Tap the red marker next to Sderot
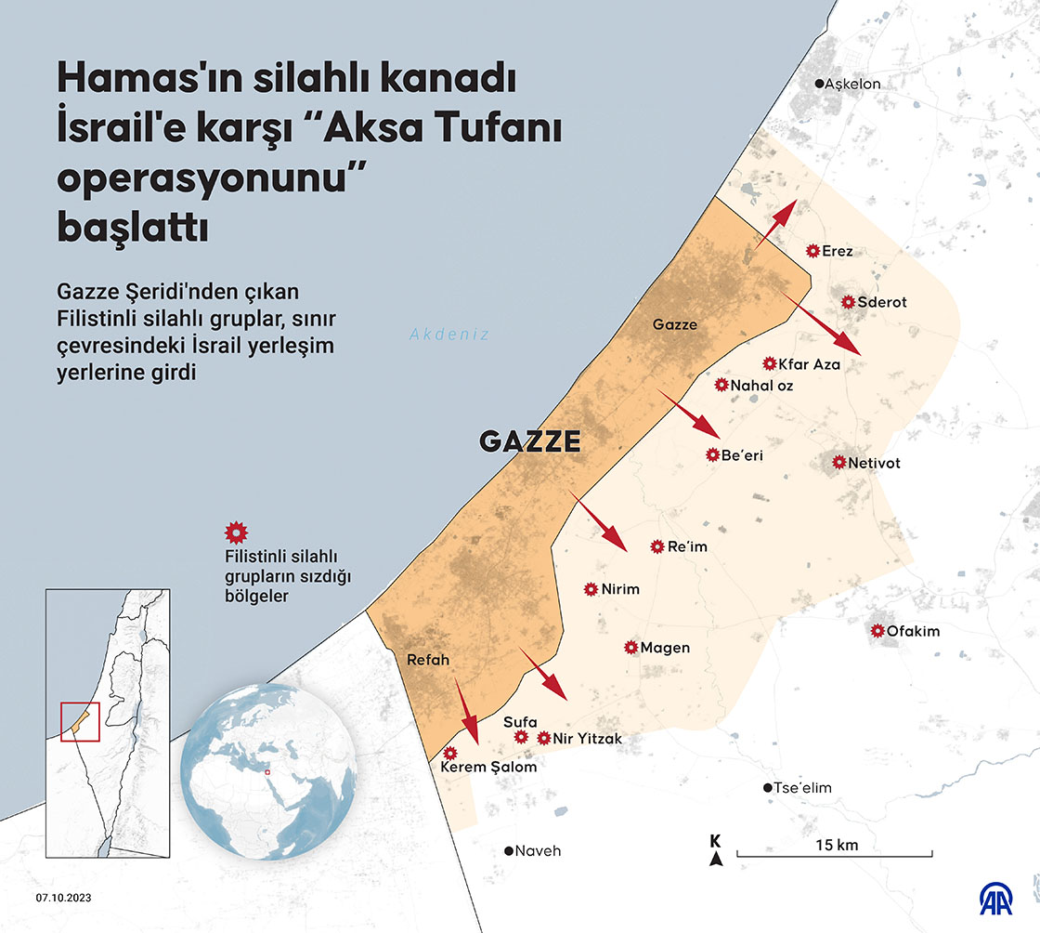click(848, 302)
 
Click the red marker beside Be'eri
click(713, 454)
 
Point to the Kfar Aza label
click(809, 364)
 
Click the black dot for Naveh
click(509, 850)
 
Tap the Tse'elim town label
click(804, 788)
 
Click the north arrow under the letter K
click(715, 859)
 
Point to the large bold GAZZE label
click(530, 441)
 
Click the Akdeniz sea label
click(449, 335)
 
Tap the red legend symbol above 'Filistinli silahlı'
click(236, 532)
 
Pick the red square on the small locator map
click(80, 722)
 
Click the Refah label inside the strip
click(428, 660)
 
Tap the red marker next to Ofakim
click(877, 631)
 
